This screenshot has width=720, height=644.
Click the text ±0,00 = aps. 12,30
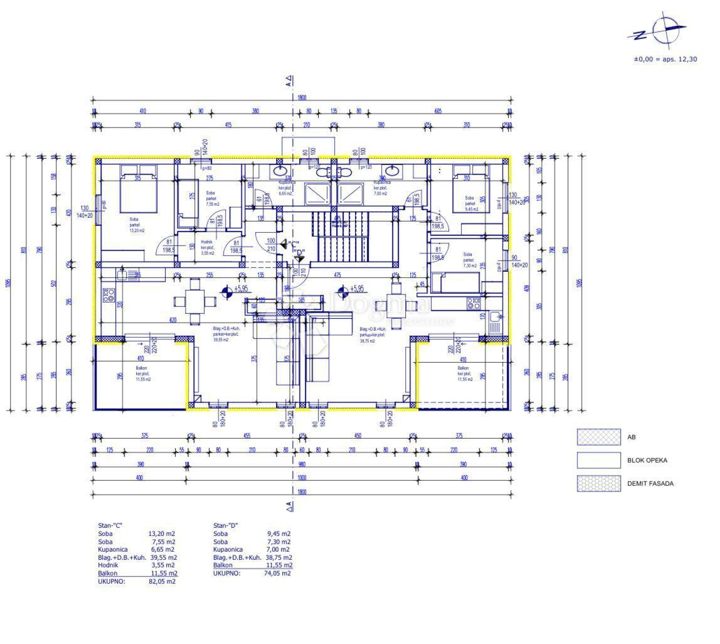point(665,59)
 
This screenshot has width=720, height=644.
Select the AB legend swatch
point(599,437)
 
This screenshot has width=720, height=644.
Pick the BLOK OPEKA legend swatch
point(599,460)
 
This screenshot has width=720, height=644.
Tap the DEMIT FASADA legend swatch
point(599,483)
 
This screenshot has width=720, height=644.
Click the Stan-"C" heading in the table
point(111,525)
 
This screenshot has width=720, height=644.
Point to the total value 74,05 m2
point(278,573)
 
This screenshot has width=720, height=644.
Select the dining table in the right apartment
point(396,306)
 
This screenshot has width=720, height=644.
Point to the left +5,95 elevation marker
point(227,290)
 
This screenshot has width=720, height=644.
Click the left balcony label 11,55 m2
point(143,379)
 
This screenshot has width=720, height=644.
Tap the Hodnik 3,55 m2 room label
point(208,247)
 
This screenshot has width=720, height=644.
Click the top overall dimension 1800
point(302,98)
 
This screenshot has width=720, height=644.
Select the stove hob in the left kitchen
point(109,296)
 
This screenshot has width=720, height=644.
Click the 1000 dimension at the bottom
point(302,478)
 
